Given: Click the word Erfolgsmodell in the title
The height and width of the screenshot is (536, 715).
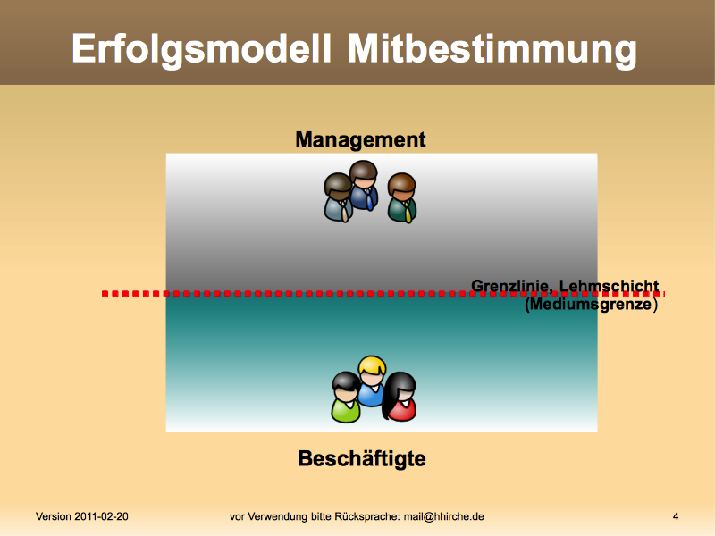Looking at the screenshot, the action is tap(201, 50).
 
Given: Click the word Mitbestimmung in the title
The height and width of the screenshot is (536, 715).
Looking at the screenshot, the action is tap(492, 50).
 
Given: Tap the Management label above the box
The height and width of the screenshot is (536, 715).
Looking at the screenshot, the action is tap(360, 139).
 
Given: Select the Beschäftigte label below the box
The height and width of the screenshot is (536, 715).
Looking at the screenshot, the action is tap(362, 458).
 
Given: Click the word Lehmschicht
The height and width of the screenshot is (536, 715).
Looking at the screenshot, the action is tap(610, 286).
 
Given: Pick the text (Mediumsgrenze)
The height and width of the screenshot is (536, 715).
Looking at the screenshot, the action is tap(591, 304).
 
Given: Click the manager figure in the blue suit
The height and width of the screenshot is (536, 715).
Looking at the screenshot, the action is tap(364, 185).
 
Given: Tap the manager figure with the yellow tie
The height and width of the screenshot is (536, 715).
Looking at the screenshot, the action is tap(402, 198).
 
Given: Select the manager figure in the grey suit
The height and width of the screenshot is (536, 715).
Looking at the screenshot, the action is tap(339, 197).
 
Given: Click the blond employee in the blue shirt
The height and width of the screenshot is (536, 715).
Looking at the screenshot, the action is tap(372, 381).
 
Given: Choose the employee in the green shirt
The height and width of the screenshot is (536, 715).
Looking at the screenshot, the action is tap(346, 398).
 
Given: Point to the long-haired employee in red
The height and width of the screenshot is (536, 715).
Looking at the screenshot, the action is tap(400, 396).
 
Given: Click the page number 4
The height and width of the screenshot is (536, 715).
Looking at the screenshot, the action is tap(676, 516).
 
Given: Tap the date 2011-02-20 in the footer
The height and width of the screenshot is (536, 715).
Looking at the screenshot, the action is tap(101, 516).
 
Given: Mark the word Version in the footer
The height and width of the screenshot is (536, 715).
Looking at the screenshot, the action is tap(54, 516).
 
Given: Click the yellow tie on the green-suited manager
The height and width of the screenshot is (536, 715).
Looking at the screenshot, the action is tap(408, 213).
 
